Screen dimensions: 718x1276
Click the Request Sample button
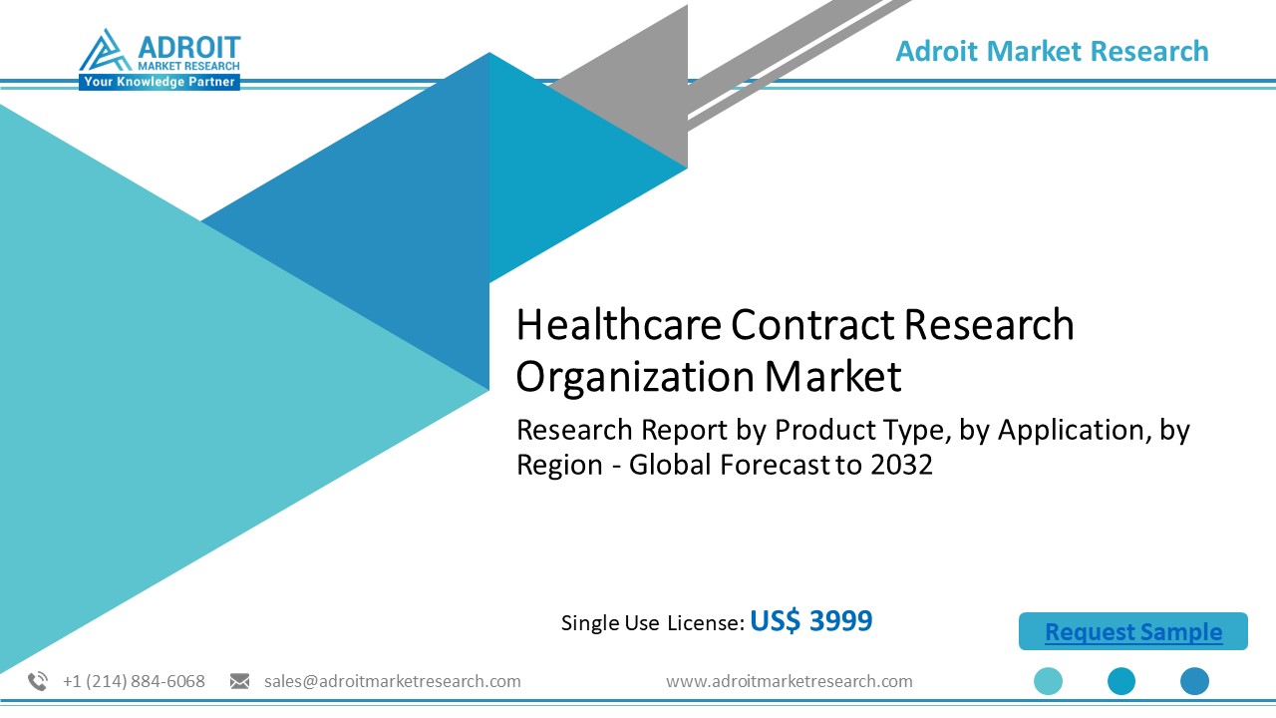click(x=1132, y=632)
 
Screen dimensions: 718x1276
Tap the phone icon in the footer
click(x=38, y=681)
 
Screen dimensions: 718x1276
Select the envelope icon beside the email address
click(x=239, y=681)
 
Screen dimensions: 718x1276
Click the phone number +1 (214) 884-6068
click(x=134, y=681)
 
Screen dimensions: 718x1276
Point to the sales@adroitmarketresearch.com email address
click(x=392, y=681)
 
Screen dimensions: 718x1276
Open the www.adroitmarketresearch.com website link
click(x=789, y=681)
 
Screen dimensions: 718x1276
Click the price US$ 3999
click(x=810, y=621)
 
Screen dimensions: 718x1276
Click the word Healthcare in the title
click(x=618, y=325)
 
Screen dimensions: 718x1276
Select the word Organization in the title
click(x=634, y=377)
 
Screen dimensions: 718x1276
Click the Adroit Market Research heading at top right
click(x=1052, y=51)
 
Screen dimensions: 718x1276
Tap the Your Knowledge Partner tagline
click(x=159, y=82)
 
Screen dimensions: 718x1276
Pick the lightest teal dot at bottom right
click(x=1048, y=681)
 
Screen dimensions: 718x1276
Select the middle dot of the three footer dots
click(x=1121, y=681)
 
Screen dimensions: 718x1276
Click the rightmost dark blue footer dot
click(x=1194, y=681)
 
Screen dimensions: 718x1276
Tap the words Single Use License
click(x=652, y=623)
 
